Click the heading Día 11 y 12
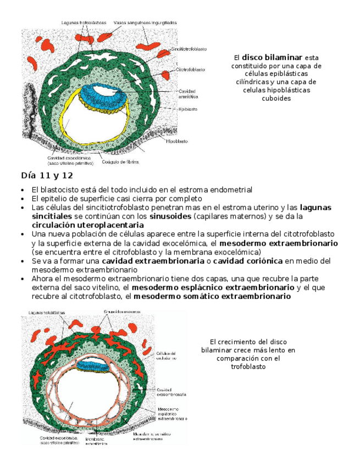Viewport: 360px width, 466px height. [x=47, y=176]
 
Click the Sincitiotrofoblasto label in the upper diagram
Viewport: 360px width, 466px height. [x=189, y=49]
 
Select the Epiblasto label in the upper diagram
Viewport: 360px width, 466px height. [x=187, y=109]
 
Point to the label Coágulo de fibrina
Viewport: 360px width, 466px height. [x=124, y=163]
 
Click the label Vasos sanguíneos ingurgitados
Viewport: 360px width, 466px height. [x=145, y=23]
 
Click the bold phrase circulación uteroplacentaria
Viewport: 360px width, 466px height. [x=87, y=225]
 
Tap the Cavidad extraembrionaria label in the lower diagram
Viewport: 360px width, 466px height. [x=171, y=392]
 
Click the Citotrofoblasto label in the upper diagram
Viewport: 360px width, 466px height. [x=190, y=70]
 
